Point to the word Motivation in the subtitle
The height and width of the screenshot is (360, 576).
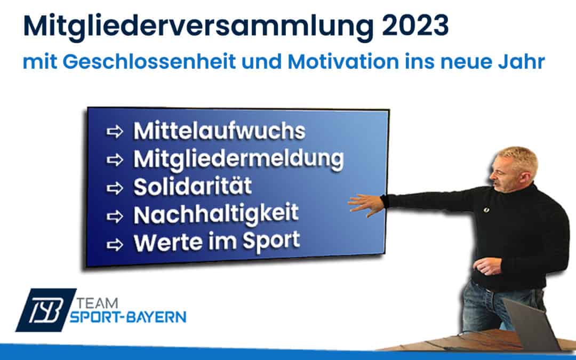[343, 61]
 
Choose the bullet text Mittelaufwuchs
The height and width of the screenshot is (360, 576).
[219, 131]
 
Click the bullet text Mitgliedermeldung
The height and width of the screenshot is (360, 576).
[238, 159]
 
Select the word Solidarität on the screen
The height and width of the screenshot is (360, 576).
[193, 186]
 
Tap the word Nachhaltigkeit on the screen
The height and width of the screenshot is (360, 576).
[216, 214]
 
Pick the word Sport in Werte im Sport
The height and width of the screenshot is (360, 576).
[271, 242]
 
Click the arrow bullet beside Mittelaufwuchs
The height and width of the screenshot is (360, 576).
[115, 132]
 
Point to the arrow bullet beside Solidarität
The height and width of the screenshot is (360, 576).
[115, 188]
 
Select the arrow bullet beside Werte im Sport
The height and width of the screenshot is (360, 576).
[115, 245]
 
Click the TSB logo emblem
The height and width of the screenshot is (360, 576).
[46, 310]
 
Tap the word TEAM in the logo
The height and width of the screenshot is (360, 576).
[98, 303]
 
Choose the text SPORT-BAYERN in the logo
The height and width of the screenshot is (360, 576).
[128, 317]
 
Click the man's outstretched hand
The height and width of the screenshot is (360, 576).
[365, 204]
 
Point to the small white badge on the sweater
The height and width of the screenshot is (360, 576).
[486, 210]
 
